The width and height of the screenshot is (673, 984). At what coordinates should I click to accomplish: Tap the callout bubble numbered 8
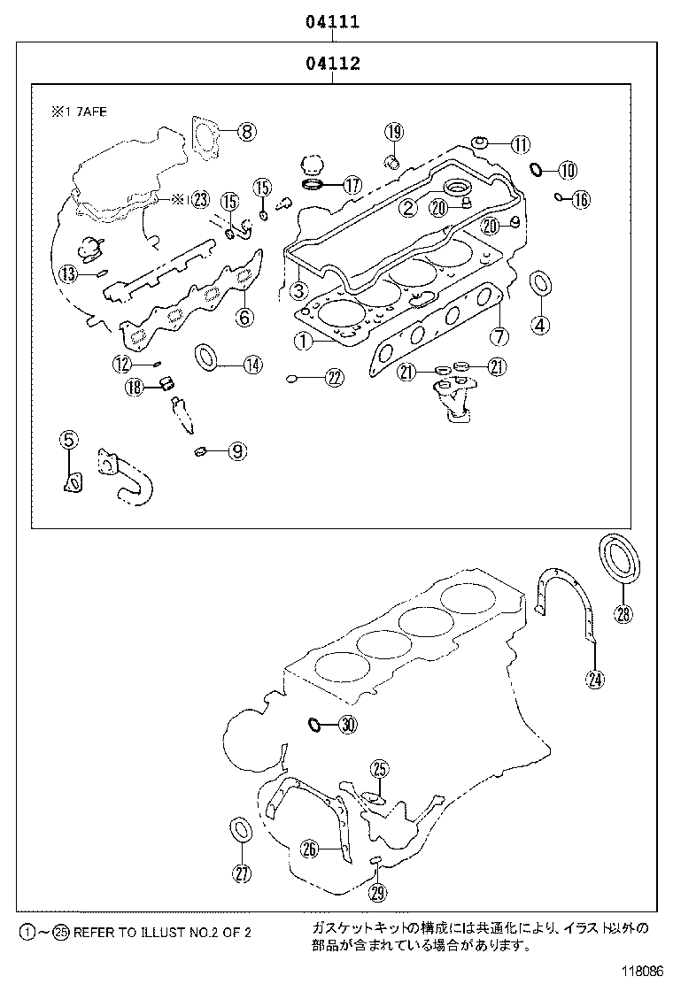click(246, 132)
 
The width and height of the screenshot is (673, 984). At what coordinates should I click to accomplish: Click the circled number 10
click(567, 169)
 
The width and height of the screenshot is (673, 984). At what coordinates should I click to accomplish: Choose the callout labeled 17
click(352, 186)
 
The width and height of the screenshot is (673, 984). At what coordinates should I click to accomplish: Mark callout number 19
click(393, 132)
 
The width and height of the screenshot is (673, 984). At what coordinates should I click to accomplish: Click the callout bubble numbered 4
click(539, 324)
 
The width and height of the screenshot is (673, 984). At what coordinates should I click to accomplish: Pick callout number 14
click(252, 363)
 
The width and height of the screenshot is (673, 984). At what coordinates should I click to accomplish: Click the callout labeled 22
click(333, 378)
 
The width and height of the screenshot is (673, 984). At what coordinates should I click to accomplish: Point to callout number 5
click(69, 438)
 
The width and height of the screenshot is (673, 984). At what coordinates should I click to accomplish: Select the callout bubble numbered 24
click(594, 679)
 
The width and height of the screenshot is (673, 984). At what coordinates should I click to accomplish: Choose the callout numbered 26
click(308, 849)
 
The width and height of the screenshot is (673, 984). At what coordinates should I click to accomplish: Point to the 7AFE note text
click(79, 112)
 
